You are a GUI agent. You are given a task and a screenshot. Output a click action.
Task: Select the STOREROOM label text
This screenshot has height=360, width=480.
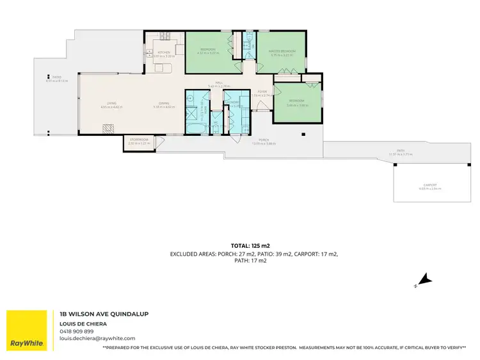138,140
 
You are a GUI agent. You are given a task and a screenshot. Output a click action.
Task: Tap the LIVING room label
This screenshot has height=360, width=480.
111,104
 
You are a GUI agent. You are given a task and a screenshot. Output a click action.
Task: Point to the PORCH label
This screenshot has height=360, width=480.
263,140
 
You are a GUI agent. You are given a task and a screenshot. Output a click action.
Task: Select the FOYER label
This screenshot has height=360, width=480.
262,92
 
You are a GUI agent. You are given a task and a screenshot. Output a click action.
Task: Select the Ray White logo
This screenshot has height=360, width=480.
27,331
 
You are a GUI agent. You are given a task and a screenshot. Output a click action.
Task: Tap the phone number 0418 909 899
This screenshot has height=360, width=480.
76,331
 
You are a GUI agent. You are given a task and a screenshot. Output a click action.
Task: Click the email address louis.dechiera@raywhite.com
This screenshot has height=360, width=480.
97,338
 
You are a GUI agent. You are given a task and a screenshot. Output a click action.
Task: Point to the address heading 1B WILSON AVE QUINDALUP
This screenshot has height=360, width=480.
104,314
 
